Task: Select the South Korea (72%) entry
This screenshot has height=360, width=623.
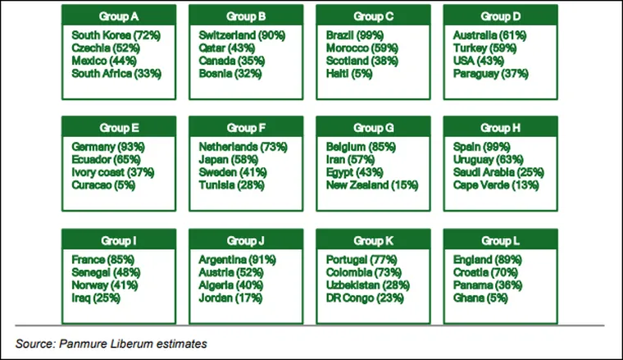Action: (x=115, y=36)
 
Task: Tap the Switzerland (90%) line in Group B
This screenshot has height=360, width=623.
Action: (x=242, y=36)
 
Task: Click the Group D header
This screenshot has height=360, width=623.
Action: (x=500, y=16)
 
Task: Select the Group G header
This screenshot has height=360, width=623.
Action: (x=374, y=128)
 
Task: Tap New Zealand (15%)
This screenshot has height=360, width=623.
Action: (x=372, y=185)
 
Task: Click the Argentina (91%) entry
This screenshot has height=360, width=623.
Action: (x=238, y=261)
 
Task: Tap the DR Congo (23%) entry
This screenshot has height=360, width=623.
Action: (x=366, y=298)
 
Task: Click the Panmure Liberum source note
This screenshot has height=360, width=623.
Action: (x=111, y=344)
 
